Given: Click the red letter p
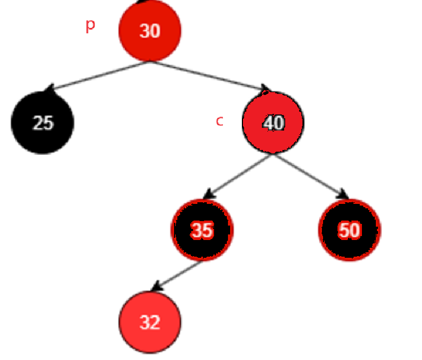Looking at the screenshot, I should point(90,25).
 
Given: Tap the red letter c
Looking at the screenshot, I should point(220,121).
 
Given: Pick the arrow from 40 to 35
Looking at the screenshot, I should point(238,176).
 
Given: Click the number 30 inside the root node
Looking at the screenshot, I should point(150,31).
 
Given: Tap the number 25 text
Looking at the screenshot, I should point(43,123).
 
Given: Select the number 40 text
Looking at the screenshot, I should point(273,123).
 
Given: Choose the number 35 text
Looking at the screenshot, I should point(202,230).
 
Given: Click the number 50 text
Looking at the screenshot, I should point(349,230).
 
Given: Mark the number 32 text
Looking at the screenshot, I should point(150,323).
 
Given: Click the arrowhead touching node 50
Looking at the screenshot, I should point(343,194).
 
